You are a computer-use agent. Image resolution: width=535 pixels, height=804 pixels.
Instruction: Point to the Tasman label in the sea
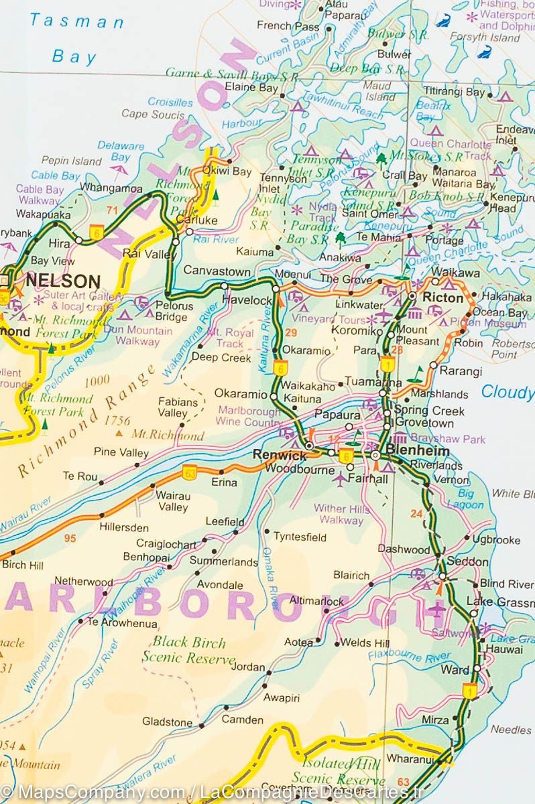point(76,21)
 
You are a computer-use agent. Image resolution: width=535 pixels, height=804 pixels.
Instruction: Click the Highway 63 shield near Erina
point(189,472)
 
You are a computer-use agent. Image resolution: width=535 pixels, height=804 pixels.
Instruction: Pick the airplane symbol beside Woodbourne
point(341,479)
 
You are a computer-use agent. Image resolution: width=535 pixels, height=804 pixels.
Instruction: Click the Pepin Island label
point(71,161)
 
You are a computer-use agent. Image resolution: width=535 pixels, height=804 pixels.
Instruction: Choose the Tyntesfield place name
point(300,537)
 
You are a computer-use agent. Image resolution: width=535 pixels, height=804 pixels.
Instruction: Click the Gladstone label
point(167,722)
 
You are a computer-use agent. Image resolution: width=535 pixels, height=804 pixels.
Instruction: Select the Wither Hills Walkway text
point(341,514)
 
